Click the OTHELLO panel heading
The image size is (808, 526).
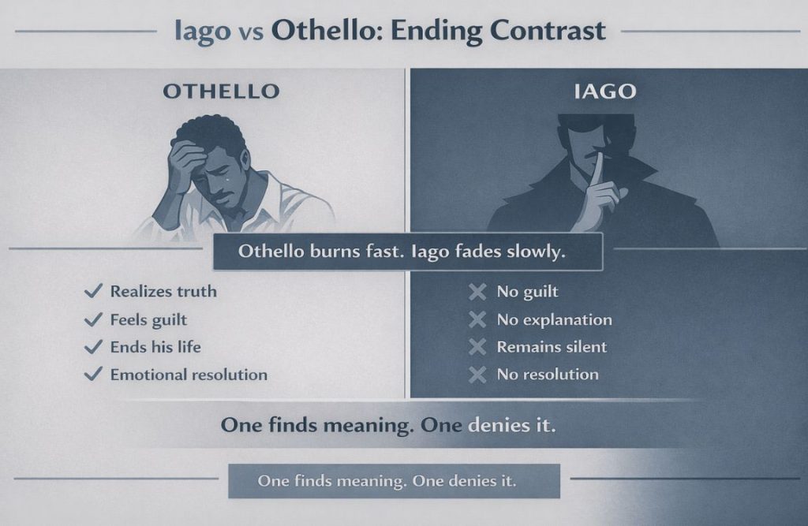click(221, 91)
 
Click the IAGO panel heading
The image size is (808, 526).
click(604, 91)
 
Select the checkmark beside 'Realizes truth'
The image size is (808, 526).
click(93, 292)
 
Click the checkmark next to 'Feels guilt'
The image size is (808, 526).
click(93, 320)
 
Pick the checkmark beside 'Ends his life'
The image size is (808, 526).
click(93, 347)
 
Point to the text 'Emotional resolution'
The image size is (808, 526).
click(189, 375)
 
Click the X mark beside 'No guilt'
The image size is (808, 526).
click(477, 293)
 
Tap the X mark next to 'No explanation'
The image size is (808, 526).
click(477, 320)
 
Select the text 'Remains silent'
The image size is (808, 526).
click(552, 347)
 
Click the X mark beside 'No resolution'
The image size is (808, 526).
click(477, 375)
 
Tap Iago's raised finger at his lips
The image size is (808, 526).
click(597, 177)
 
